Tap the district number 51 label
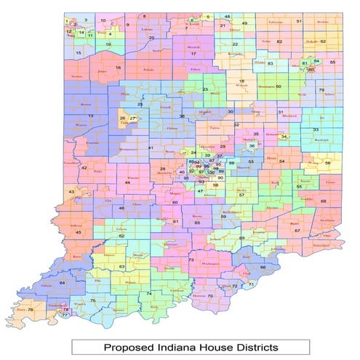(x=298, y=22)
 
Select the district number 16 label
(x=118, y=68)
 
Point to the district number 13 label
(x=91, y=116)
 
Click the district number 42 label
(x=84, y=168)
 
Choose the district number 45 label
(x=79, y=232)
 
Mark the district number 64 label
(x=62, y=282)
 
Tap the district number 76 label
(x=30, y=309)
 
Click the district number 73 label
(x=191, y=260)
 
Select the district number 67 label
(x=297, y=231)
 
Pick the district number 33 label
(x=315, y=129)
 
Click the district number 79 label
(x=321, y=90)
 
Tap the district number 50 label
(x=278, y=87)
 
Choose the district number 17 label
(x=193, y=54)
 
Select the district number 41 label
(x=151, y=148)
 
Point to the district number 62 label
(x=121, y=236)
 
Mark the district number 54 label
(x=281, y=161)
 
